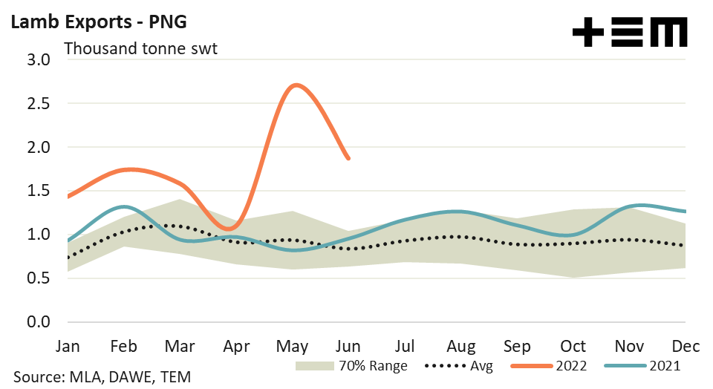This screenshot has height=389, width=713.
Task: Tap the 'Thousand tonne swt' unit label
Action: [141, 50]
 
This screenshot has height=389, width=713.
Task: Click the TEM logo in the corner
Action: [631, 33]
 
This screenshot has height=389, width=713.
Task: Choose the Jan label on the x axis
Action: [68, 347]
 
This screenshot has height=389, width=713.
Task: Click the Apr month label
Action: [237, 347]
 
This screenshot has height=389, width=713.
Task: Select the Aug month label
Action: [461, 347]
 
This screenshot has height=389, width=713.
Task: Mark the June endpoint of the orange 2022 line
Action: [348, 158]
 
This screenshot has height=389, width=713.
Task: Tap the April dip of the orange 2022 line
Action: [232, 228]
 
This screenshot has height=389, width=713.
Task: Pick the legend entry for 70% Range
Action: [350, 365]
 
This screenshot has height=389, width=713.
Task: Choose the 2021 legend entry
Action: [643, 365]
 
